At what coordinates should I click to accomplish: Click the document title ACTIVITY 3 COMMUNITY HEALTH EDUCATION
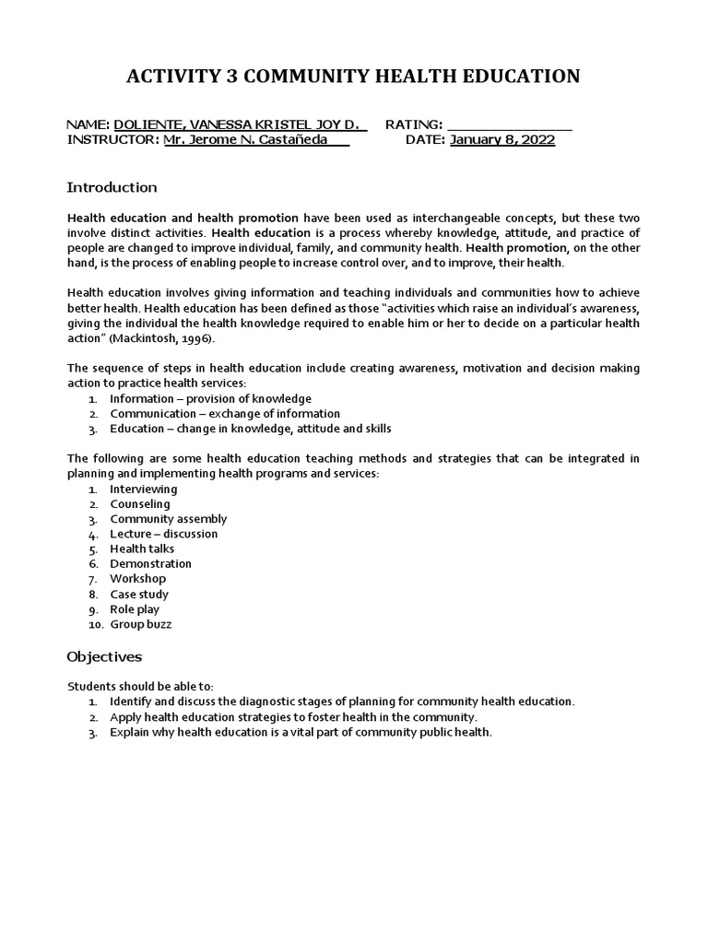[353, 77]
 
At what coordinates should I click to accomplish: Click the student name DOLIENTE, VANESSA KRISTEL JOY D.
[238, 124]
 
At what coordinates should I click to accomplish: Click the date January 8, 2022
[502, 140]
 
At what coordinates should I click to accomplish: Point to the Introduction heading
[112, 188]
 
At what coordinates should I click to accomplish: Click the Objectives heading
[104, 657]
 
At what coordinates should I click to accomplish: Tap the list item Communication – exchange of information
[225, 414]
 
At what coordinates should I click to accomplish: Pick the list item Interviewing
[144, 490]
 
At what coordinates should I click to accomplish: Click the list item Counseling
[140, 504]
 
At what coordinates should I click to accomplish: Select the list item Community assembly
[168, 519]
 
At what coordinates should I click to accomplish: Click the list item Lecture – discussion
[164, 534]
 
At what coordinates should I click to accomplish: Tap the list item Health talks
[142, 549]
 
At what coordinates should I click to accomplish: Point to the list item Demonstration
[150, 563]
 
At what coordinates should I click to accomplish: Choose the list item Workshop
[138, 579]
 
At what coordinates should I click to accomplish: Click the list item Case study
[139, 595]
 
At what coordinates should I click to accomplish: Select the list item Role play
[135, 609]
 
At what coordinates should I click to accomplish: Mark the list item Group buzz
[141, 624]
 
